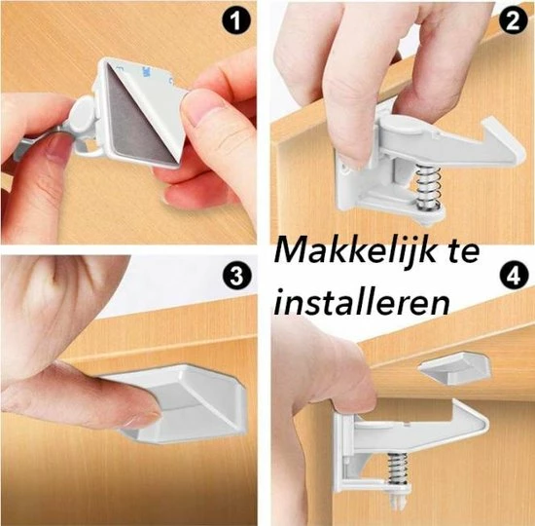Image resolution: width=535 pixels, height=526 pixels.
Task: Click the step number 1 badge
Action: point(235,20)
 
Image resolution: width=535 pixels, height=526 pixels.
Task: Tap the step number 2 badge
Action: point(514,21)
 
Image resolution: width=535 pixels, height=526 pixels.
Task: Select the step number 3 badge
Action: point(235,276)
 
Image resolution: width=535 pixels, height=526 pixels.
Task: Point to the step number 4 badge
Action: point(514,276)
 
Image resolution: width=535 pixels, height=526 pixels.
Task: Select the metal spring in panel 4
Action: point(398,469)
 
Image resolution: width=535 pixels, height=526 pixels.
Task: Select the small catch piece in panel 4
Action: point(455,368)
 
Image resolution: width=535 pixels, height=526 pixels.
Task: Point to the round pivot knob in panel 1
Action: point(84,115)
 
